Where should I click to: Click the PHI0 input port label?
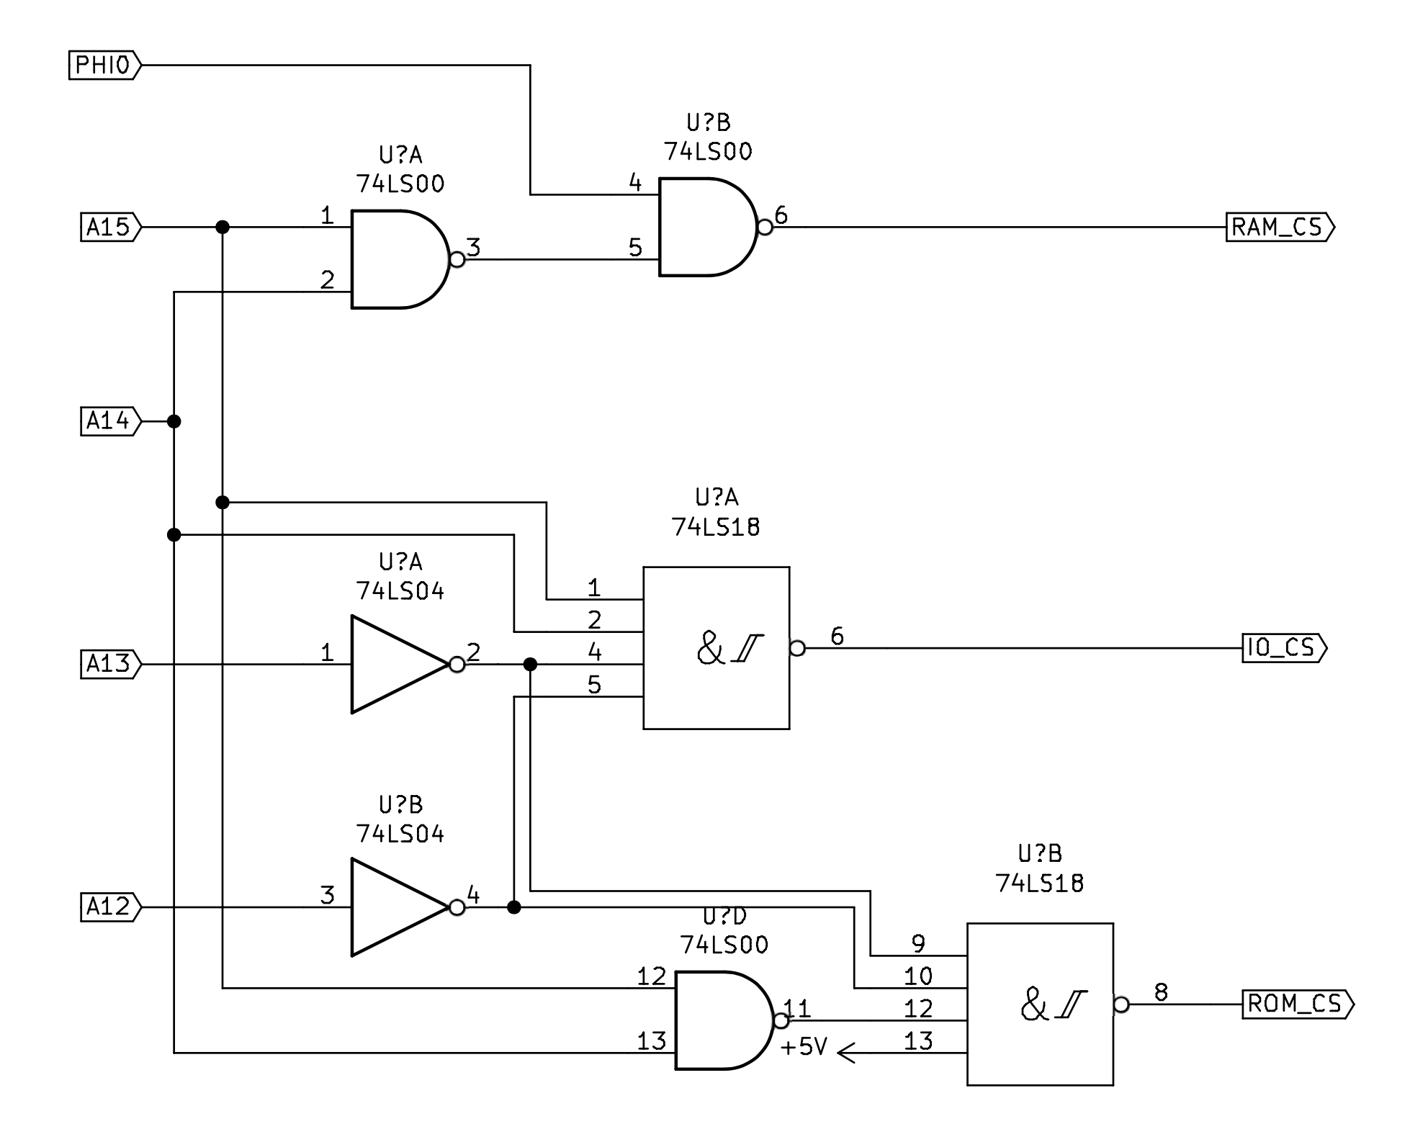click(104, 66)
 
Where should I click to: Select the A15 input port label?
click(110, 228)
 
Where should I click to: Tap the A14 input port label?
click(110, 421)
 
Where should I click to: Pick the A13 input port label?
click(110, 664)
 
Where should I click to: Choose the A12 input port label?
click(110, 907)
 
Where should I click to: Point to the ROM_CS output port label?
click(1297, 1004)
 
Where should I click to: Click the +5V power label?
click(804, 1047)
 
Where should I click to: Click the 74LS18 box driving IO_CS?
click(716, 648)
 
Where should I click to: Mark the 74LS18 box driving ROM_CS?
click(1040, 1004)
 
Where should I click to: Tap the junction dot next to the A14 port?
click(174, 421)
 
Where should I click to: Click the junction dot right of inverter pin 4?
click(513, 907)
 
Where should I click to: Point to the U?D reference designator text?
click(724, 917)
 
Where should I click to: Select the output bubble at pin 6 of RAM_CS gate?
click(765, 228)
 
